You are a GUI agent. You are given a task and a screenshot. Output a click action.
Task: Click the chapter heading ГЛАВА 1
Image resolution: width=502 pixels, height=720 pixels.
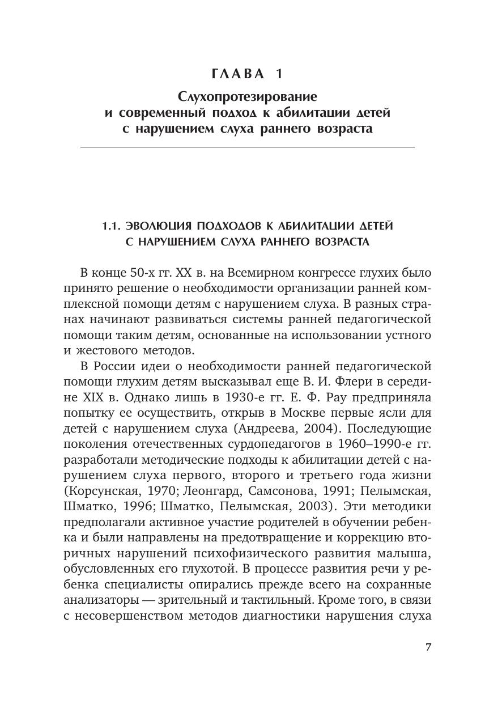pyautogui.click(x=247, y=74)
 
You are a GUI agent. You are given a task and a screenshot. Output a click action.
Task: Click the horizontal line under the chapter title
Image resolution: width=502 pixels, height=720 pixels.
pyautogui.click(x=248, y=147)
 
